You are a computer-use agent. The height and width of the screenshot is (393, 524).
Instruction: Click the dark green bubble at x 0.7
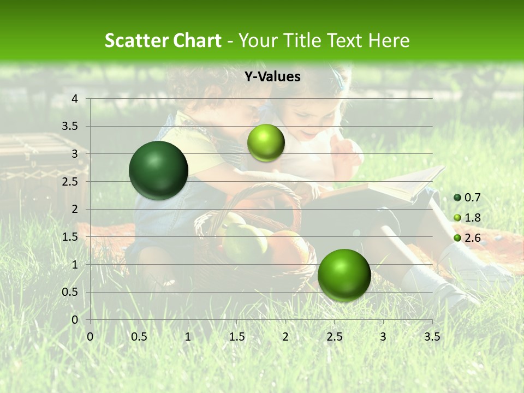pyautogui.click(x=159, y=170)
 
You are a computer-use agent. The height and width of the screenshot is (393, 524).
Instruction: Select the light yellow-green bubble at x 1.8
pyautogui.click(x=266, y=143)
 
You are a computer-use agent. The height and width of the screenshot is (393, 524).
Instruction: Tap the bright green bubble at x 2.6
pyautogui.click(x=344, y=275)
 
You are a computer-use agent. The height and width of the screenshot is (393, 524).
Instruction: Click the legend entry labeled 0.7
pyautogui.click(x=466, y=198)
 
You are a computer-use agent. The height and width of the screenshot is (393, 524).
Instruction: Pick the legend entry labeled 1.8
pyautogui.click(x=466, y=218)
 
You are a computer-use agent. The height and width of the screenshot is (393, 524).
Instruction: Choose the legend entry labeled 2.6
pyautogui.click(x=466, y=237)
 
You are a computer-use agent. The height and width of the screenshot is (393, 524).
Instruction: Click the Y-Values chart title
pyautogui.click(x=272, y=77)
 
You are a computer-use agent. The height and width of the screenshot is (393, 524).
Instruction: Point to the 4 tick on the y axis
pyautogui.click(x=75, y=99)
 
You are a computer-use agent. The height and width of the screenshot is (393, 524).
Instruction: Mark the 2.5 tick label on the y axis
pyautogui.click(x=70, y=182)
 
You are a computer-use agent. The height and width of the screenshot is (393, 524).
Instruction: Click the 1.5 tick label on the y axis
pyautogui.click(x=70, y=237)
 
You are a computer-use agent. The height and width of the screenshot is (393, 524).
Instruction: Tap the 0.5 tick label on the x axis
pyautogui.click(x=139, y=337)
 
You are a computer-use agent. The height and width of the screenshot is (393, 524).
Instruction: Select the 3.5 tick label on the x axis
pyautogui.click(x=432, y=337)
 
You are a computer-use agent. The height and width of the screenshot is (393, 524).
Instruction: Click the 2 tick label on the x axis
pyautogui.click(x=285, y=337)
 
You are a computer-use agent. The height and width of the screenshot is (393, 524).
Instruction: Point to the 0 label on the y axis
pyautogui.click(x=75, y=320)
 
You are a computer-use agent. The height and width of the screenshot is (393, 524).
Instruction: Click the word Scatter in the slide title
pyautogui.click(x=138, y=40)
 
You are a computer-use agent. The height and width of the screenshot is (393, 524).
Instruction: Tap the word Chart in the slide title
pyautogui.click(x=198, y=40)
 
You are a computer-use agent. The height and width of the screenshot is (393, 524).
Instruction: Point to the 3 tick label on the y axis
pyautogui.click(x=75, y=154)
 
